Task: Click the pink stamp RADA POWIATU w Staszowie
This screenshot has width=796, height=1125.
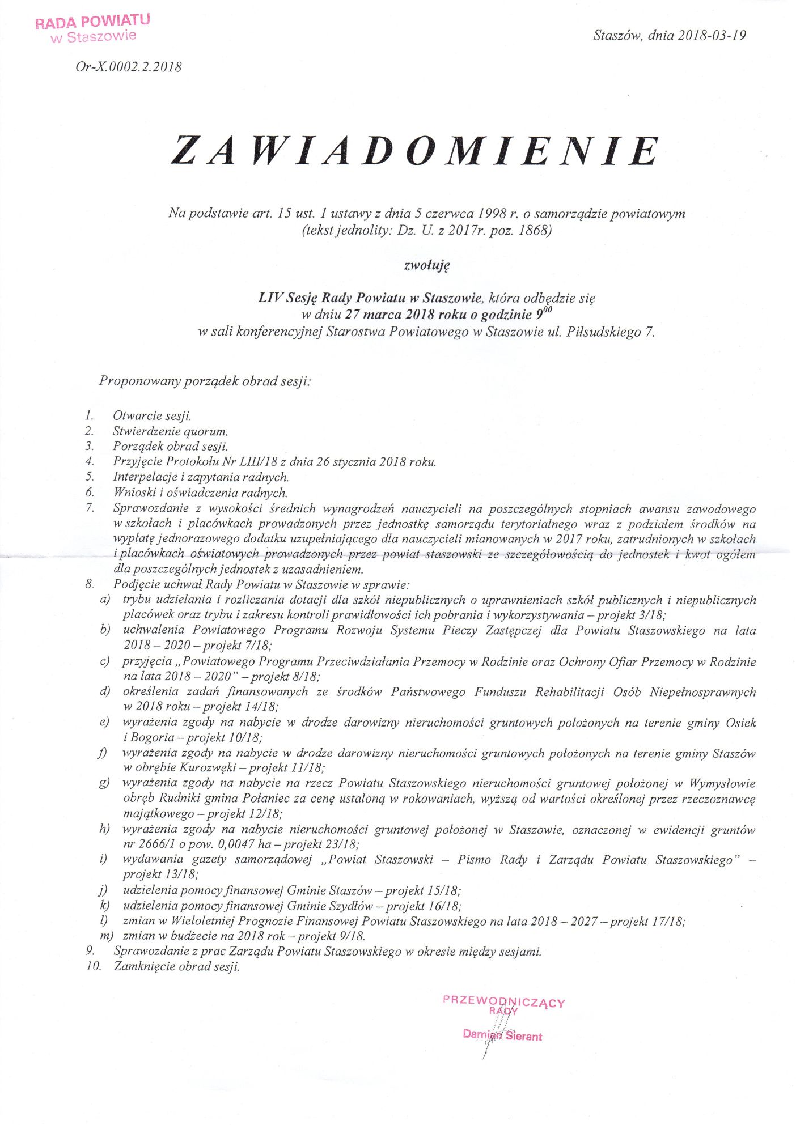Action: pos(92,28)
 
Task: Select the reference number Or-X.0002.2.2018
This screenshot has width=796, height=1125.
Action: pos(129,67)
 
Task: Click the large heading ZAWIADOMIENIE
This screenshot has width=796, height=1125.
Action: pos(415,151)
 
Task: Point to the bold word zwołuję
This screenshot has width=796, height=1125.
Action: pos(426,264)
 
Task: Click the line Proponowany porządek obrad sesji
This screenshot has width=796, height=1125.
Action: pos(205,381)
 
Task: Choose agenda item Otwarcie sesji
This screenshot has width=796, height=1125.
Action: pos(152,415)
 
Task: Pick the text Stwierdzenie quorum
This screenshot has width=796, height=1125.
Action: pos(170,431)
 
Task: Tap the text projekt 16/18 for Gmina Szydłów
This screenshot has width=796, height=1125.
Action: pos(423,906)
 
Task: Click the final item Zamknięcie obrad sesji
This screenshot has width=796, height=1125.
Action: pos(176,967)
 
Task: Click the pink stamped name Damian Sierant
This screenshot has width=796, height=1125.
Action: pos(502,1035)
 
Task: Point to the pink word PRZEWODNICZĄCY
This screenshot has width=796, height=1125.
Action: pos(503,1001)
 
